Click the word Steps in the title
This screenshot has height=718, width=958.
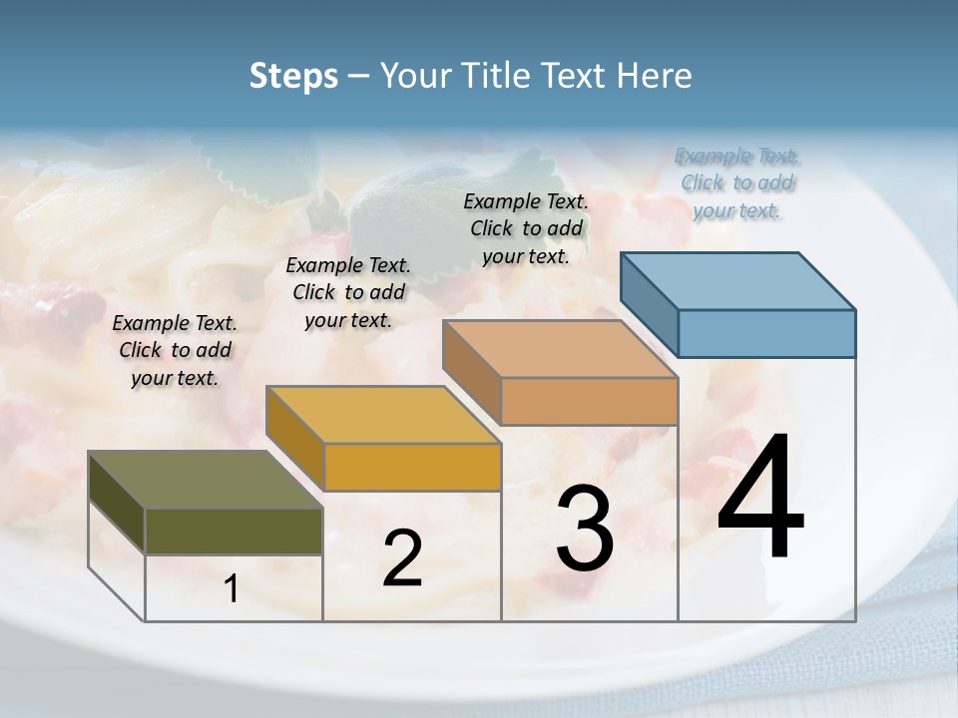[x=293, y=76]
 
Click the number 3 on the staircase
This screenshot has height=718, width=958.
[x=585, y=529]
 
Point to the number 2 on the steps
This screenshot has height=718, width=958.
[x=403, y=558]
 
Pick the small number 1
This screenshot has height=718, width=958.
[x=232, y=589]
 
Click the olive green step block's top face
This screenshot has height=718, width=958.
[x=206, y=480]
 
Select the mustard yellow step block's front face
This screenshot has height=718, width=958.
[x=412, y=467]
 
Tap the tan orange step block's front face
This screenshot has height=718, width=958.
[x=589, y=401]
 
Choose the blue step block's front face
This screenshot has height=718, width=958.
[x=766, y=333]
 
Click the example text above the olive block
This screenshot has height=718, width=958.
[x=175, y=350]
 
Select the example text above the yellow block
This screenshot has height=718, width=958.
[x=348, y=292]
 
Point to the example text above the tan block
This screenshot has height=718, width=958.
[x=526, y=228]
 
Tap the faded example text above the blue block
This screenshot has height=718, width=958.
[x=737, y=182]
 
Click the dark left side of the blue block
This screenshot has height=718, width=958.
[x=649, y=303]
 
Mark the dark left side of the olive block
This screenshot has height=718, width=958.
[x=117, y=504]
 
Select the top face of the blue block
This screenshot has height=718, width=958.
[x=738, y=280]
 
